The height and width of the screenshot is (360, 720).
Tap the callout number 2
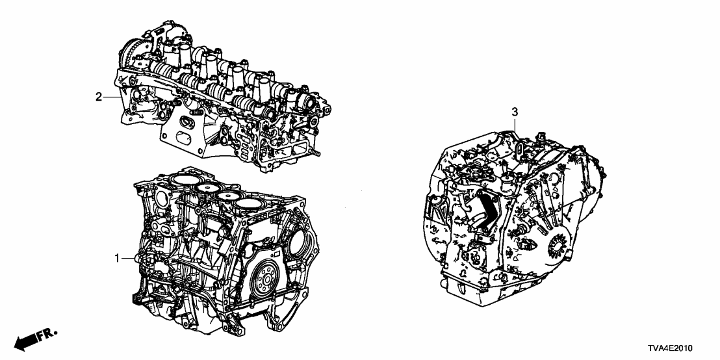(99, 97)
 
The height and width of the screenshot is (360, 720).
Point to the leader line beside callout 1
(129, 259)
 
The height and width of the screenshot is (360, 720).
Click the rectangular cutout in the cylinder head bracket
(178, 138)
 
